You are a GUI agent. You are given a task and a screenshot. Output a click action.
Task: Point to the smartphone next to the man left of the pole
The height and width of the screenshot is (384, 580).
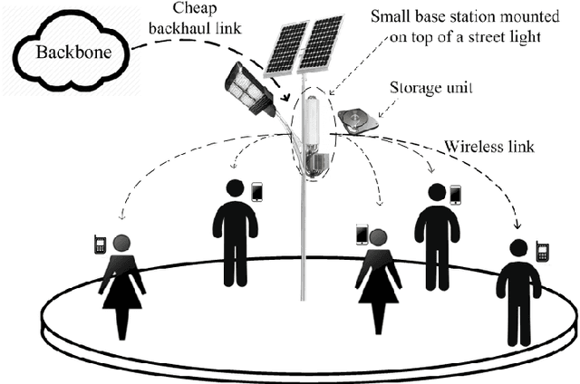pos(256,192)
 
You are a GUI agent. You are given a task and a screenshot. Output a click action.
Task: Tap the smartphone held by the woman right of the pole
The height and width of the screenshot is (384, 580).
pos(361,234)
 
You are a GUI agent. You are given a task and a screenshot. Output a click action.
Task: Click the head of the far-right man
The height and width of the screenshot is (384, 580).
pos(517,249)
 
